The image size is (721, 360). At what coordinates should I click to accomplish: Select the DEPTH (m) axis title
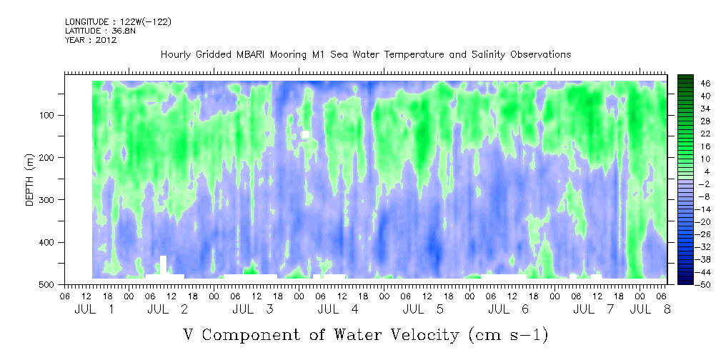pos(30,180)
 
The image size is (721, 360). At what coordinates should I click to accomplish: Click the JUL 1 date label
pos(94,309)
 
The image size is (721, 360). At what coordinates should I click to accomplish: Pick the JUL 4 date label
pos(338,309)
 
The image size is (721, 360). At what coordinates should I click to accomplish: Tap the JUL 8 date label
pos(650,309)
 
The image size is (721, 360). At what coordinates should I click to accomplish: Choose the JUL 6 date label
pos(508,309)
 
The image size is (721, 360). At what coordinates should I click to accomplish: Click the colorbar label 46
pos(693,84)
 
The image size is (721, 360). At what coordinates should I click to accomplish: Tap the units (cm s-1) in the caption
pos(508,335)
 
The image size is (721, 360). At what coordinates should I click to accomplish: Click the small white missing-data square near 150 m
pos(305,134)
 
